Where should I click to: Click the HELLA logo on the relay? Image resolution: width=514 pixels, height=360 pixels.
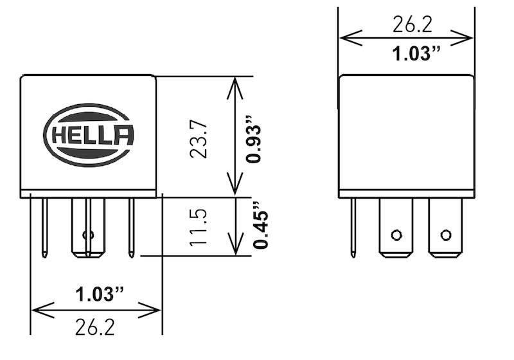point(89,136)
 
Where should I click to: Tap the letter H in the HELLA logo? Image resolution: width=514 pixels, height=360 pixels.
point(57,136)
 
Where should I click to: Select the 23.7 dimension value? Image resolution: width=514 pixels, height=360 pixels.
point(199,136)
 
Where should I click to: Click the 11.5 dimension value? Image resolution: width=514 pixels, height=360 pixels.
point(199,226)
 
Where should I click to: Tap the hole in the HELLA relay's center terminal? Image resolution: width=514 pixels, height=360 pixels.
point(88,235)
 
